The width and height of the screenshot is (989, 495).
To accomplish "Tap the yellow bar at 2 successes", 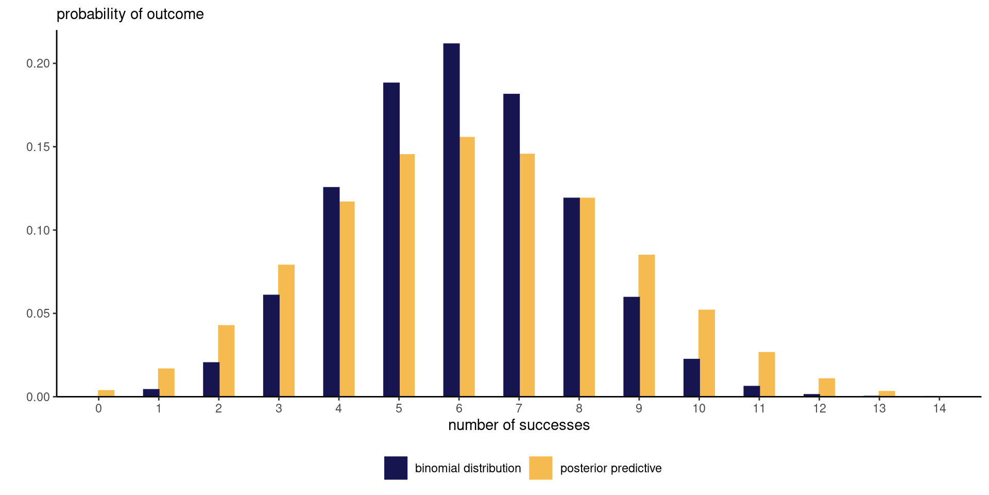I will tap(226, 360).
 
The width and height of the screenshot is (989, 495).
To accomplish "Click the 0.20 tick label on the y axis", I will tap(38, 63).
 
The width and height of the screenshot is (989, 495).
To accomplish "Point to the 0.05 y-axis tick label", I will tap(38, 313).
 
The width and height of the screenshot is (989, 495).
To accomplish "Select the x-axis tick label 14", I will tap(940, 409).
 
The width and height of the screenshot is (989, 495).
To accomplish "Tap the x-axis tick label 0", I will tap(98, 409).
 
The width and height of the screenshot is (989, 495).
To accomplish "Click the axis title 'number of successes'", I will tap(519, 425).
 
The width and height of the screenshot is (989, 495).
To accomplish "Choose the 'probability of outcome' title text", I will tap(130, 14).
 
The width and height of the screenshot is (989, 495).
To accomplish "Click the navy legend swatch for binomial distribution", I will tap(396, 468).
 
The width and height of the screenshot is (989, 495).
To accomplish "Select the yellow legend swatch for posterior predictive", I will tap(540, 468).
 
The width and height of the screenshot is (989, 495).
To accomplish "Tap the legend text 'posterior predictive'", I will tap(610, 468).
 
